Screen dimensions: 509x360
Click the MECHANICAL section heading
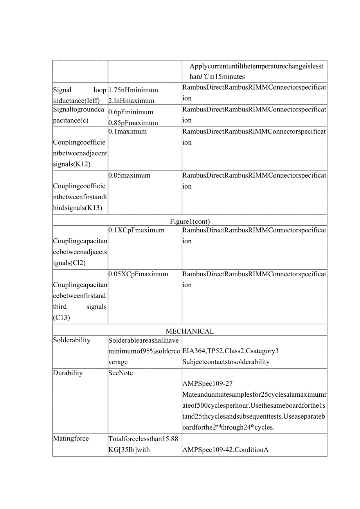(x=190, y=331)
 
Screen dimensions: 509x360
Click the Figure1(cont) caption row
(x=190, y=221)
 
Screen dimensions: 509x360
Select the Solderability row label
(x=72, y=340)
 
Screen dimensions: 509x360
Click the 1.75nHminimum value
(x=133, y=90)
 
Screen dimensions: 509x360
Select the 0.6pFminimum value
(x=131, y=112)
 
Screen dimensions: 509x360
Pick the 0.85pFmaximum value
(x=133, y=123)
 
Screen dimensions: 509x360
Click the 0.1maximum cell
(x=128, y=131)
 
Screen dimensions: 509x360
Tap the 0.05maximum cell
(x=129, y=175)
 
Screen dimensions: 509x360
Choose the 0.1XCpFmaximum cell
(x=136, y=230)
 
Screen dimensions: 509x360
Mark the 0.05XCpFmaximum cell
(x=138, y=274)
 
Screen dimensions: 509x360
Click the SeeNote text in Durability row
(x=121, y=373)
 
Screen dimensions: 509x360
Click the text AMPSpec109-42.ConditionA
(x=225, y=450)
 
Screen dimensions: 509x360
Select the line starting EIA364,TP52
(x=230, y=351)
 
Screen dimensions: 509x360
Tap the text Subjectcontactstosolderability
(x=226, y=362)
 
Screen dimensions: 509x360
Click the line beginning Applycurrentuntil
(x=257, y=66)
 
